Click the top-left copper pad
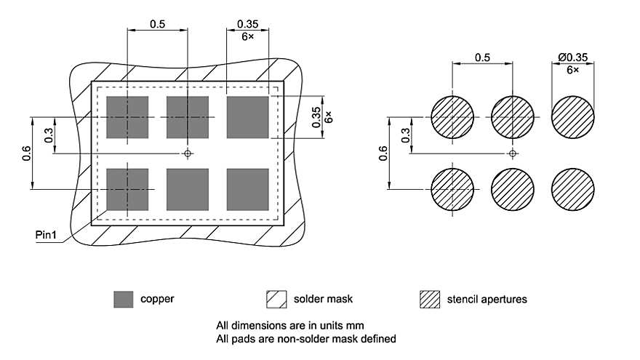pos(127,117)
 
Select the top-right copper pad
pos(248,117)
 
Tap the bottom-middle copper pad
pos(188,189)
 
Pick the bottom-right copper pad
pos(248,189)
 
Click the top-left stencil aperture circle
pos(452,117)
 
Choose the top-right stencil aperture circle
pos(572,117)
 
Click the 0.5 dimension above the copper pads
pos(157,24)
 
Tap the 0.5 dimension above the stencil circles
pos(481,57)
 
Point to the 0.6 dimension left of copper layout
pos(27,153)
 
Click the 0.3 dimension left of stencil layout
pos(404,135)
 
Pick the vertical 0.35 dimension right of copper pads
pos(316,117)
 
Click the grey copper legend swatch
pos(124,299)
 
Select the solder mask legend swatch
pos(276,299)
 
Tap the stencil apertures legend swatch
pos(429,299)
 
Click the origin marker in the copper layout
pos(188,153)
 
